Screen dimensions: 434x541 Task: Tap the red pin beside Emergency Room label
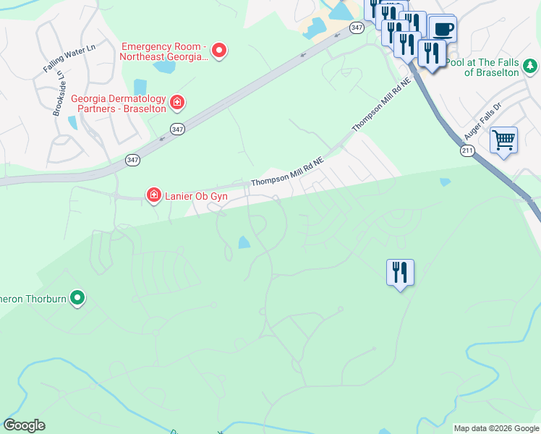click(219, 51)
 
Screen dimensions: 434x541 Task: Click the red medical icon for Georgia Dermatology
click(176, 104)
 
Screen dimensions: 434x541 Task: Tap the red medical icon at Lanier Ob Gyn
click(153, 195)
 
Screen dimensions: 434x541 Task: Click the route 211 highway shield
click(467, 150)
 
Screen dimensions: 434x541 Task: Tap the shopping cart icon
click(503, 139)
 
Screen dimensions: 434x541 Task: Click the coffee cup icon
click(443, 30)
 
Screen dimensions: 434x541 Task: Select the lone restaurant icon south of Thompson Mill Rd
click(400, 272)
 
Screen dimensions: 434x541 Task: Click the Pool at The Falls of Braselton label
click(483, 67)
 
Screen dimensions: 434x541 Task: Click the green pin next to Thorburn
click(78, 297)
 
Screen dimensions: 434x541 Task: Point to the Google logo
click(24, 425)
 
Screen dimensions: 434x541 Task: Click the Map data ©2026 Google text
click(496, 428)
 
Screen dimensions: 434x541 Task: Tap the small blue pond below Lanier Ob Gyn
click(244, 243)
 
